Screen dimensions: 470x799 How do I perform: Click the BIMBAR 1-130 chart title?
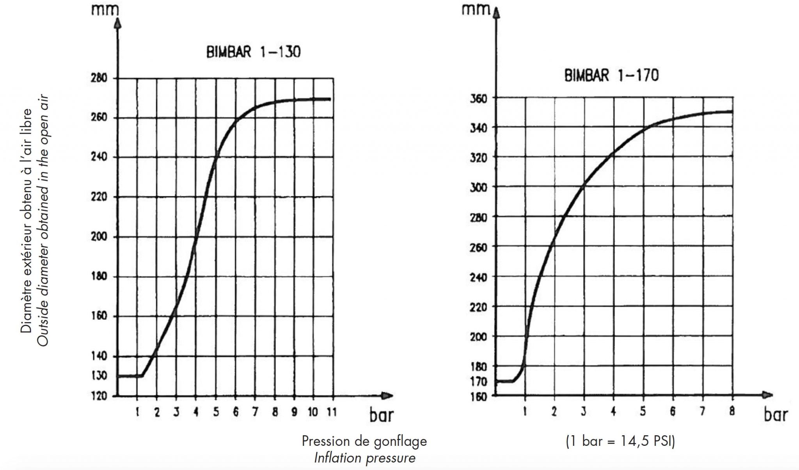tap(253, 52)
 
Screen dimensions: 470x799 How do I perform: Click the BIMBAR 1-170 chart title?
tap(611, 75)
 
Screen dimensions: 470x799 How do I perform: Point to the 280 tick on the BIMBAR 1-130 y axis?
tap(99, 78)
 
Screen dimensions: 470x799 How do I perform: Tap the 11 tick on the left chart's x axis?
tap(332, 412)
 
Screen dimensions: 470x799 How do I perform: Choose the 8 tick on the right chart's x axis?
tap(732, 412)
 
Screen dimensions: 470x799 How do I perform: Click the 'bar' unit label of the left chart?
tap(381, 415)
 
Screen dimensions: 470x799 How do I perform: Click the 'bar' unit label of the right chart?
tap(776, 415)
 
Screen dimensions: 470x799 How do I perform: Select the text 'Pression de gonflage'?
tap(364, 441)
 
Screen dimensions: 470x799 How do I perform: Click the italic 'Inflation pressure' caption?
tap(364, 458)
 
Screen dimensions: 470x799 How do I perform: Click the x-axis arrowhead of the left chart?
tap(387, 396)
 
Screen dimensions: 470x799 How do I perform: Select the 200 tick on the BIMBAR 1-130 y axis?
tap(99, 237)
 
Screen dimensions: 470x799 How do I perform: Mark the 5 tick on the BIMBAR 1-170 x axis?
tap(643, 412)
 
